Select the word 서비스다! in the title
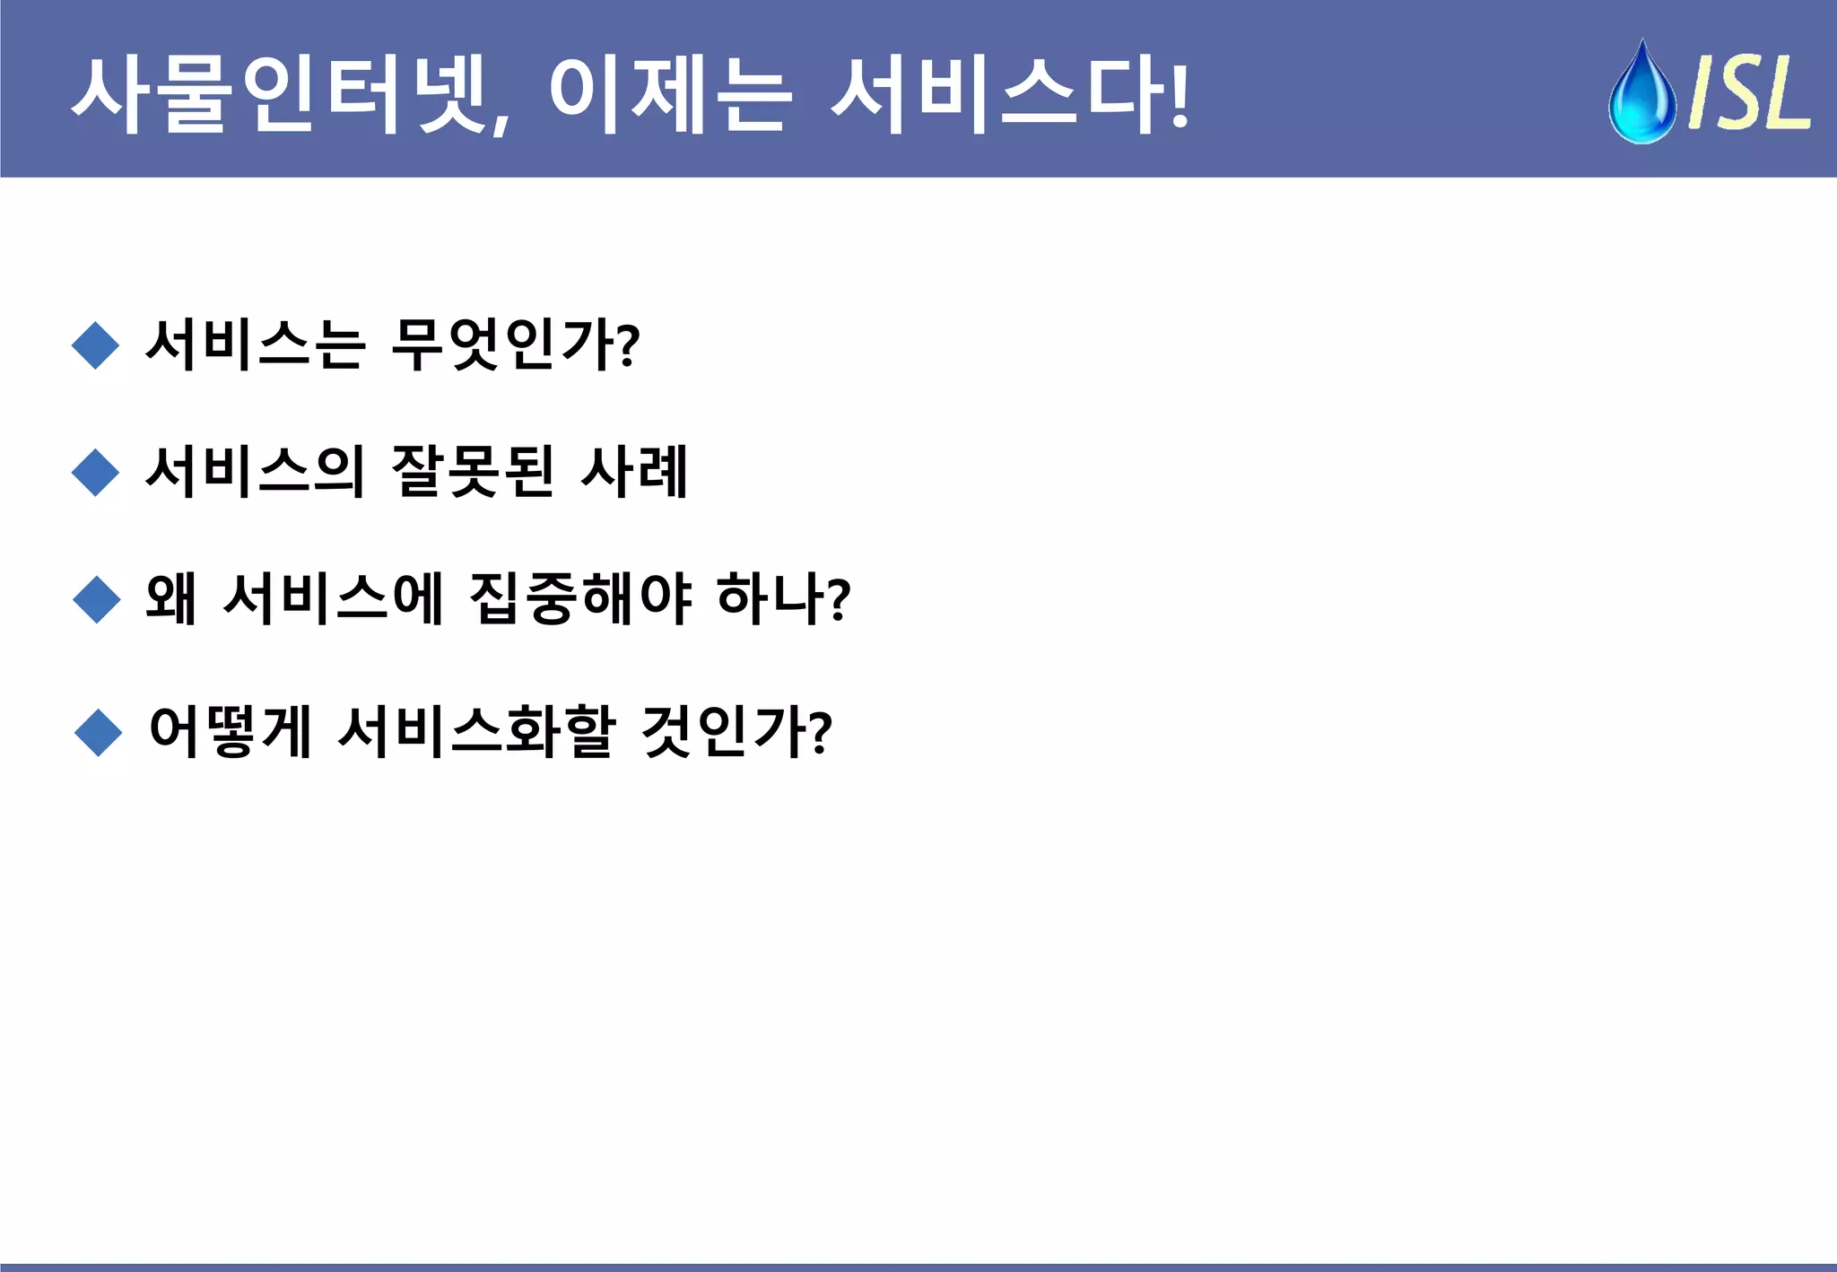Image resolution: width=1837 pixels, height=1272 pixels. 1009,94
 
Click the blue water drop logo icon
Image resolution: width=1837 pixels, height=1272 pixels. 1641,92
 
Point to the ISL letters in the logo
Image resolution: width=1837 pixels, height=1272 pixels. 1749,92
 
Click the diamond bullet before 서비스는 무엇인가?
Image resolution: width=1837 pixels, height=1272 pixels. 95,345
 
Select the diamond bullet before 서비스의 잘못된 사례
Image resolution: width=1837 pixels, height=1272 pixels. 95,473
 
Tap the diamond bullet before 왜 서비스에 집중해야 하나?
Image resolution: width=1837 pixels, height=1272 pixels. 96,599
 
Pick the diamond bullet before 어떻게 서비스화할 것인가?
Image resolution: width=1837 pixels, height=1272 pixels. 98,732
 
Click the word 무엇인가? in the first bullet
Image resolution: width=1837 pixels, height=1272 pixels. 516,344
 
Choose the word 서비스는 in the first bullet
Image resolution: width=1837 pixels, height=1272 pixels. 256,344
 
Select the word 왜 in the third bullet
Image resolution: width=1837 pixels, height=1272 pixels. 171,598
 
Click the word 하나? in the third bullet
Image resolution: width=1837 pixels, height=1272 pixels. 783,598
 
